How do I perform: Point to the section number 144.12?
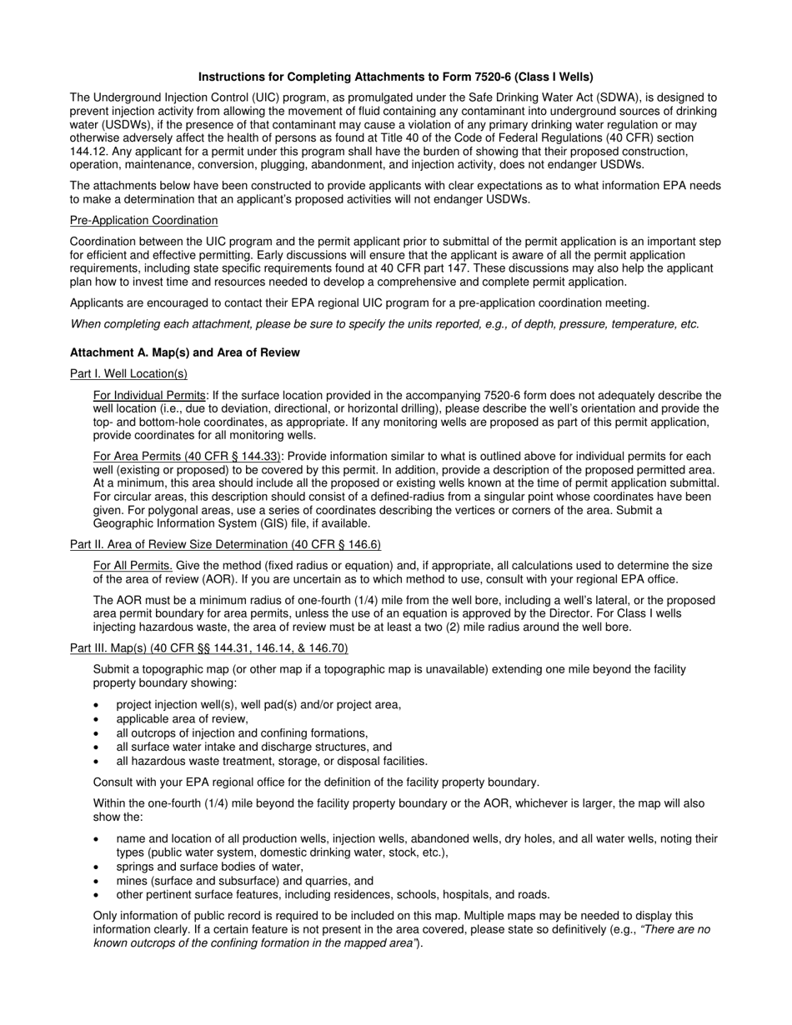pyautogui.click(x=88, y=151)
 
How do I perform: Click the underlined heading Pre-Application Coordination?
pyautogui.click(x=143, y=220)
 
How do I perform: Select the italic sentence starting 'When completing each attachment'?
pyautogui.click(x=384, y=324)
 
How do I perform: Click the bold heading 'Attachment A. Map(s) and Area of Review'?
pyautogui.click(x=184, y=352)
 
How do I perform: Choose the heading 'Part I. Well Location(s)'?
pyautogui.click(x=128, y=373)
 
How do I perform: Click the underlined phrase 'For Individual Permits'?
pyautogui.click(x=149, y=395)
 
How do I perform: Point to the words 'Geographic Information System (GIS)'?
pyautogui.click(x=193, y=523)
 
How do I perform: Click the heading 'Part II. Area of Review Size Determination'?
pyautogui.click(x=225, y=544)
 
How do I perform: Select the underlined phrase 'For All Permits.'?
pyautogui.click(x=133, y=566)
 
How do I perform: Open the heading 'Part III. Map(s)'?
pyautogui.click(x=208, y=648)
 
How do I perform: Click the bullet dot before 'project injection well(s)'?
pyautogui.click(x=98, y=705)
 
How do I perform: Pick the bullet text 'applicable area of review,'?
pyautogui.click(x=182, y=718)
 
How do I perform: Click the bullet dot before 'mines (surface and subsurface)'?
pyautogui.click(x=98, y=882)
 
